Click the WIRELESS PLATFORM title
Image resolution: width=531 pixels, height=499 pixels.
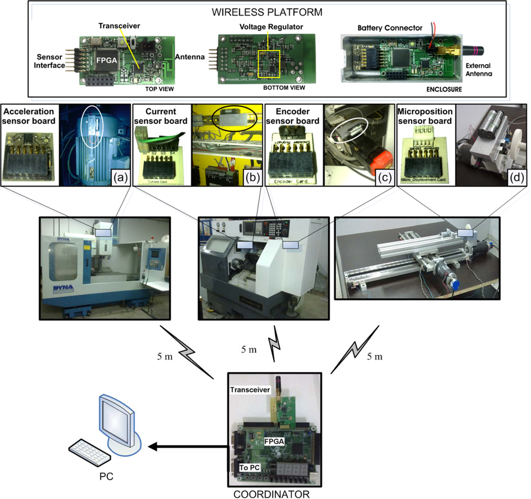(266, 11)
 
